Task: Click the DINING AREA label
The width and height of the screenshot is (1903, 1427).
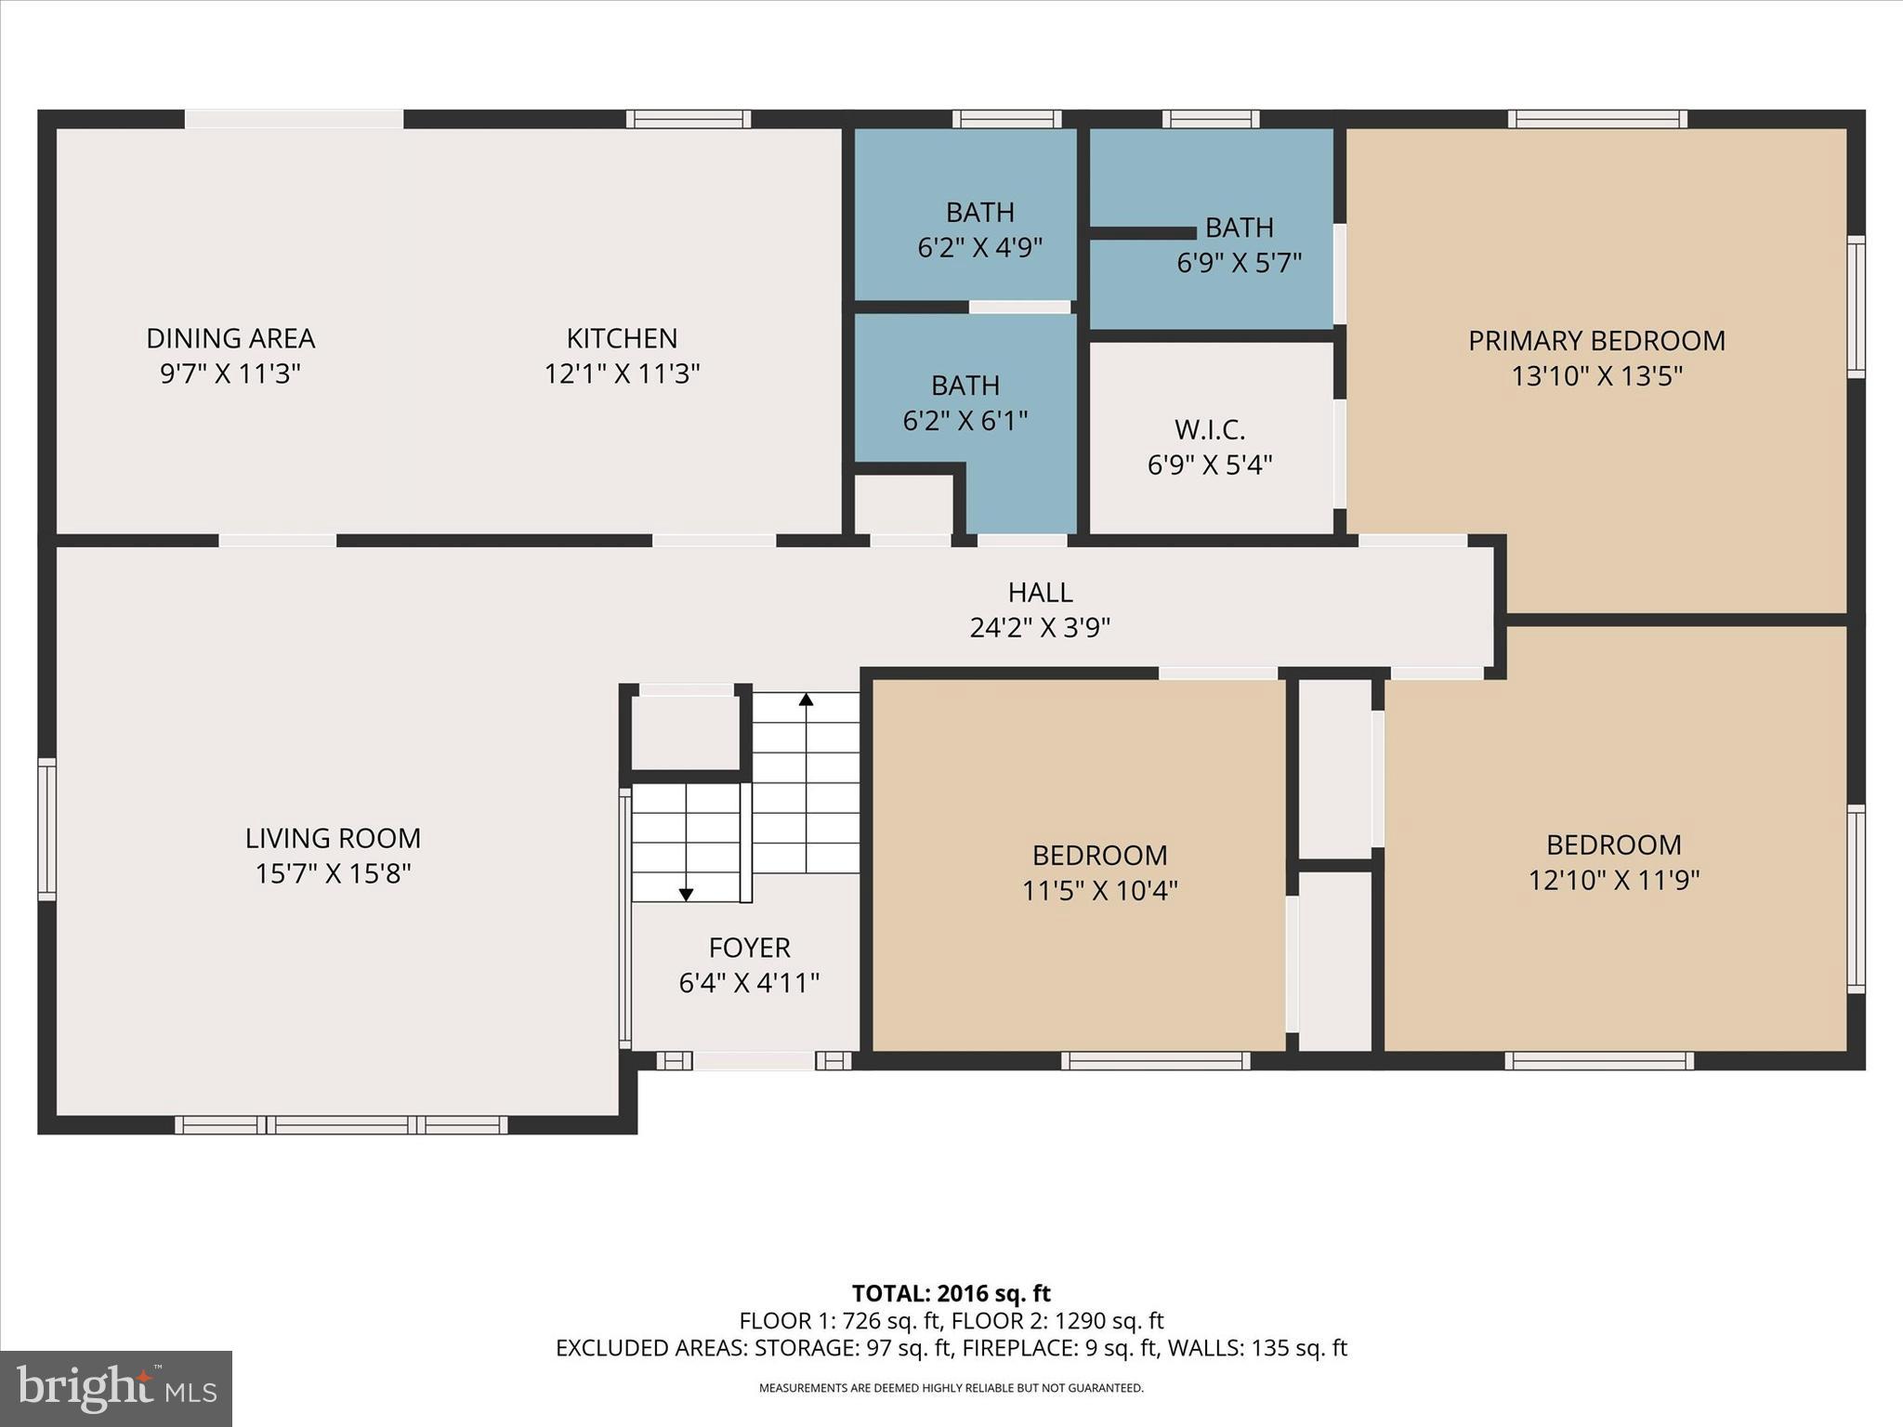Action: point(230,338)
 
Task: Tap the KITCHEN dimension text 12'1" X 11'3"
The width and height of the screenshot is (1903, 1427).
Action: point(622,373)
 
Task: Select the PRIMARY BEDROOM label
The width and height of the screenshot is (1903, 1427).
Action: point(1596,341)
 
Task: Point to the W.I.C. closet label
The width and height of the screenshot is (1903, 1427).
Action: point(1209,430)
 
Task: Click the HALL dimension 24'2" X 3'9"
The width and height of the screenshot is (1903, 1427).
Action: point(1040,628)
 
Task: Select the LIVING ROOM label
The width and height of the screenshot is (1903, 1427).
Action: point(333,839)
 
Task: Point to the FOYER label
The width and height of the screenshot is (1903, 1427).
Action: point(749,948)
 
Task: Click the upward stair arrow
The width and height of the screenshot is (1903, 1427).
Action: point(806,700)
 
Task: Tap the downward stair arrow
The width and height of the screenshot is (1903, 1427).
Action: point(686,895)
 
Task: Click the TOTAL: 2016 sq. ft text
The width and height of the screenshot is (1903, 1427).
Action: point(951,1293)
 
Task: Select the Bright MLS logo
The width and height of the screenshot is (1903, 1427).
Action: point(116,1388)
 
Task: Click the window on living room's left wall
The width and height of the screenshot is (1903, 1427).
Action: point(46,829)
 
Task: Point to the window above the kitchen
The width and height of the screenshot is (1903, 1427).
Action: point(688,119)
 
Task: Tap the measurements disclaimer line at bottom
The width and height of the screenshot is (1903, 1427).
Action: point(951,1388)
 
